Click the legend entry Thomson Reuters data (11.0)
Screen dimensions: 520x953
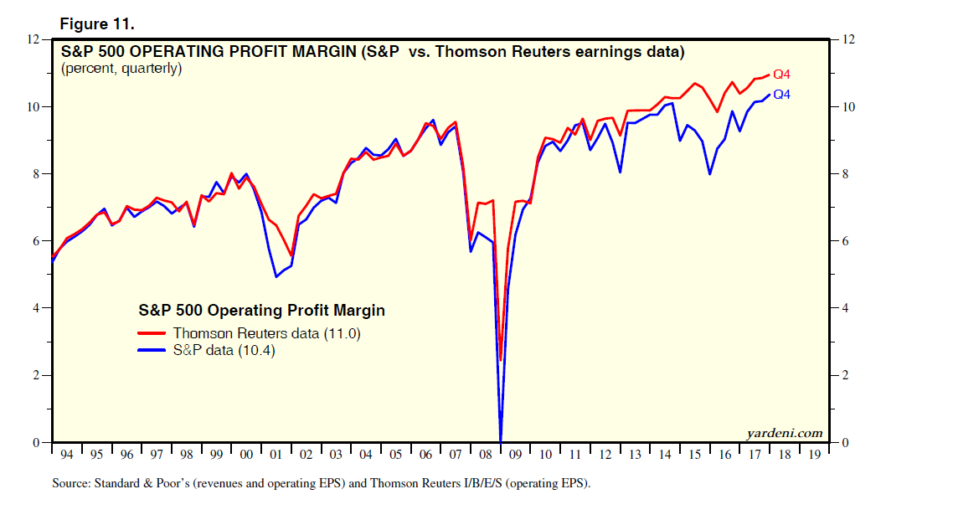point(267,333)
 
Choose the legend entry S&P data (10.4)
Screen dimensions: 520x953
point(224,351)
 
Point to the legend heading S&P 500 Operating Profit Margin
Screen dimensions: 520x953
point(261,311)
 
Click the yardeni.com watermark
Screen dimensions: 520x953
point(784,433)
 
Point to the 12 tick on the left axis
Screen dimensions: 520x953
point(33,39)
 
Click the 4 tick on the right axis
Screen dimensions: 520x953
point(846,308)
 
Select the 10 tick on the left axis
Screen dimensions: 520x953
point(33,107)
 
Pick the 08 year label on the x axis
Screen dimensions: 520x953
point(485,454)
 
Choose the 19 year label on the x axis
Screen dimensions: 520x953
point(813,454)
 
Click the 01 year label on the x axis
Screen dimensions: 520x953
point(276,454)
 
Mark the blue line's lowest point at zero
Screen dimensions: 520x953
point(501,440)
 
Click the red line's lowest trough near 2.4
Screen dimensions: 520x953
point(501,360)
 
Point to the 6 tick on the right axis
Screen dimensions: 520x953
point(846,241)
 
